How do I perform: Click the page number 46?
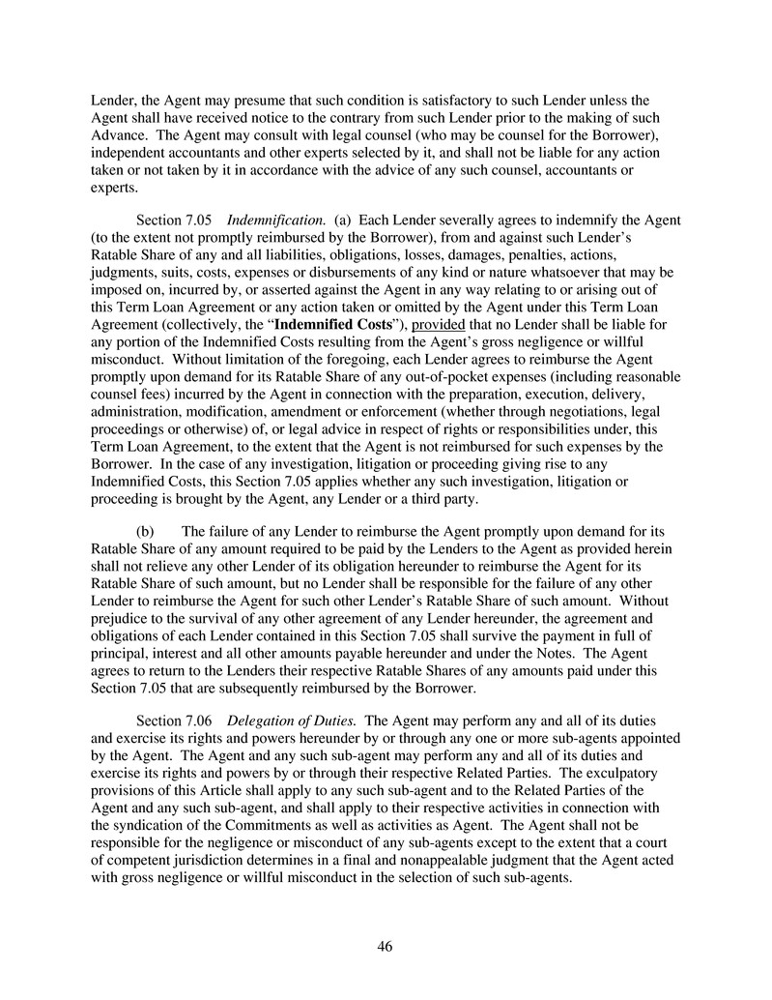pyautogui.click(x=385, y=947)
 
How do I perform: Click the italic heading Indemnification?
pyautogui.click(x=281, y=221)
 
